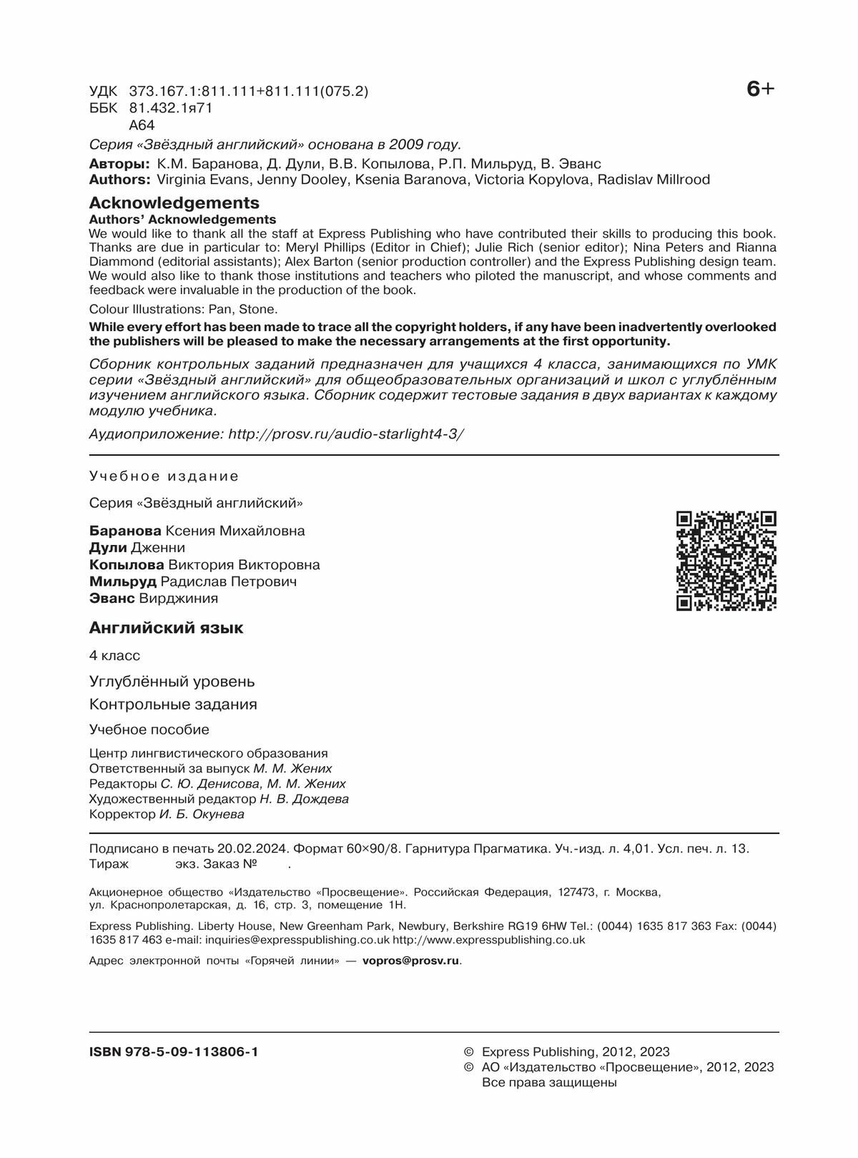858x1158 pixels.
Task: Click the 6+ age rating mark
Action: tap(760, 89)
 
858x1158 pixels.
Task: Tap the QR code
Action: tap(726, 561)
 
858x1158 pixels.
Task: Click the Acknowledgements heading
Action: tap(174, 203)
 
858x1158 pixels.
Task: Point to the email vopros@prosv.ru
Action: tap(410, 961)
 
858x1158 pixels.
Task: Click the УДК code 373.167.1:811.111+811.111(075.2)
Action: tap(249, 92)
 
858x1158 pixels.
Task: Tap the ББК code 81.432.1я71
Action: tap(171, 108)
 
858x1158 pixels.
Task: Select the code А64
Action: tap(142, 125)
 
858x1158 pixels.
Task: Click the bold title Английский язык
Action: tap(166, 628)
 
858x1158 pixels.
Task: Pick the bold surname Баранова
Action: tap(125, 531)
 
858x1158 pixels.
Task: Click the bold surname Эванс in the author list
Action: tap(112, 599)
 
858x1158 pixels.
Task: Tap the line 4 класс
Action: tap(114, 655)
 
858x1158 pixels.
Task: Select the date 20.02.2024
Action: tap(252, 848)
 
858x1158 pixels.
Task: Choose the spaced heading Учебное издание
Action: tap(164, 476)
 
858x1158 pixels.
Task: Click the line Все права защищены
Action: tap(549, 1082)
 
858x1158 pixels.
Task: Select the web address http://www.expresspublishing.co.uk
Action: tap(488, 940)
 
